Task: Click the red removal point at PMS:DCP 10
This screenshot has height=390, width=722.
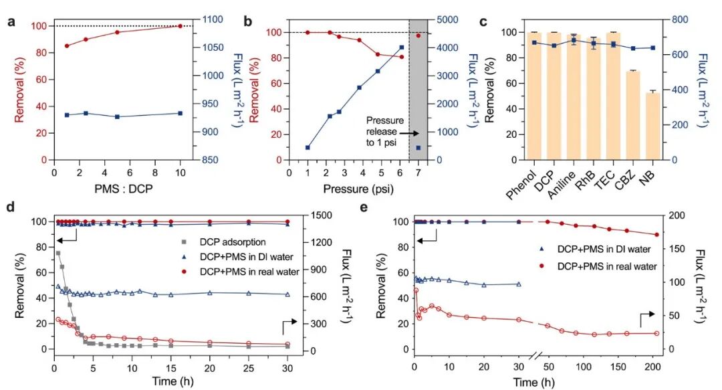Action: point(180,26)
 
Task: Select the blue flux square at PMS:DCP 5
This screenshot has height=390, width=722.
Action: point(118,116)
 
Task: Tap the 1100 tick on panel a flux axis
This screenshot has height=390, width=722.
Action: point(213,19)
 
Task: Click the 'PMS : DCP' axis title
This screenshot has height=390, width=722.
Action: point(124,189)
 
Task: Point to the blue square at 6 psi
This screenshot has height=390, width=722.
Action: point(402,47)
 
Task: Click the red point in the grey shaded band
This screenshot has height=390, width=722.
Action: point(418,35)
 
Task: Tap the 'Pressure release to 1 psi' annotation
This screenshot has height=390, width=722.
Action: point(385,131)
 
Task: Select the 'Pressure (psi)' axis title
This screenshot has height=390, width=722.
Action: point(358,189)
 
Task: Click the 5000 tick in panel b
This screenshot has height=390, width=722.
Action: point(447,20)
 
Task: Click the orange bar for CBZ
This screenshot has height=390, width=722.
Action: point(633,115)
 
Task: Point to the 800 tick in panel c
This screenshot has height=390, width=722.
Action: point(680,19)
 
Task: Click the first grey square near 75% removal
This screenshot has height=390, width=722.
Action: point(58,253)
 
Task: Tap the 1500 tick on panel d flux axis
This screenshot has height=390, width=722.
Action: point(322,215)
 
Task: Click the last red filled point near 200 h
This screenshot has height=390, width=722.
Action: point(656,235)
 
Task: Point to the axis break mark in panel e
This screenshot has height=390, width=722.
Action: point(536,356)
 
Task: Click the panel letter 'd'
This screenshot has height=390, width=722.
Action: point(10,207)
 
